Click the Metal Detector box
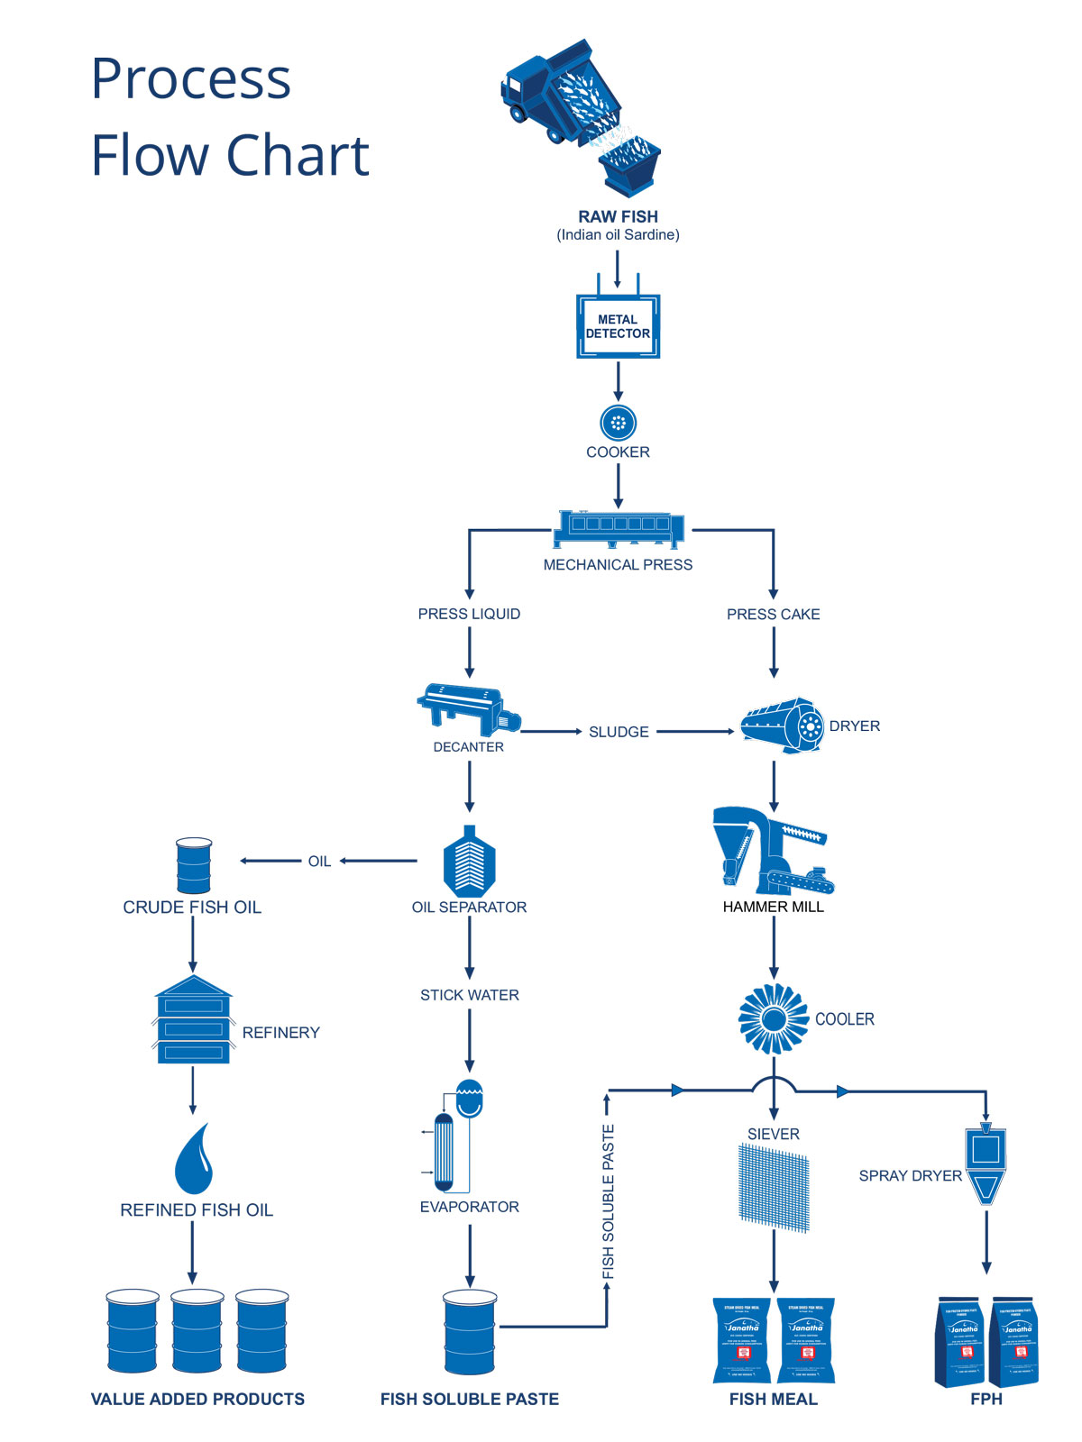click(x=618, y=326)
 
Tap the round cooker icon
click(x=618, y=422)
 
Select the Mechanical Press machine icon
click(x=619, y=530)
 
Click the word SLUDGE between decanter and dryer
click(x=619, y=732)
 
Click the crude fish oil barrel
click(x=194, y=866)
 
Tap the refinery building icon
click(x=194, y=1020)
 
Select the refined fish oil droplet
click(x=194, y=1160)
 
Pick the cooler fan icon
click(x=773, y=1018)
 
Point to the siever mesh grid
click(x=774, y=1187)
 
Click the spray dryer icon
click(x=986, y=1164)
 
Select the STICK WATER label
click(x=469, y=995)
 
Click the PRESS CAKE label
click(x=773, y=615)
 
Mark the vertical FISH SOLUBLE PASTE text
click(x=609, y=1201)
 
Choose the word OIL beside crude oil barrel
click(x=319, y=862)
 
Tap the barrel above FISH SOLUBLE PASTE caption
click(x=470, y=1332)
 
